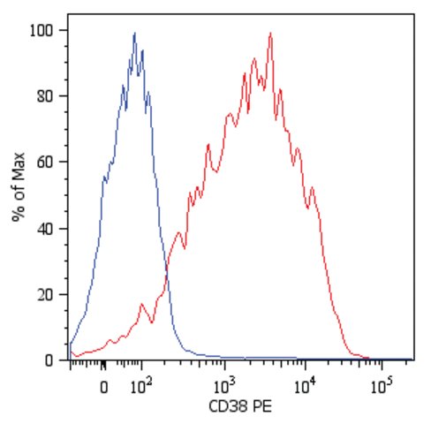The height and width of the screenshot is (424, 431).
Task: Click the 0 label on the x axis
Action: [x=103, y=388]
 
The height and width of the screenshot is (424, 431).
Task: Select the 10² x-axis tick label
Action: [x=141, y=386]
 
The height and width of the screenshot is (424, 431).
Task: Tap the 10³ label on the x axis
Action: [x=224, y=386]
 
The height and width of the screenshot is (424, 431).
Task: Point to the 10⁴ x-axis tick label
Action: [x=305, y=386]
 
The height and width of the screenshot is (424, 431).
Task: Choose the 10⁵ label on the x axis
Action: [x=382, y=386]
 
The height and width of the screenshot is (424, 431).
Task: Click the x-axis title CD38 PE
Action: [x=240, y=406]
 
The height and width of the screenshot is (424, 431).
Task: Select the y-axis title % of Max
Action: [x=19, y=186]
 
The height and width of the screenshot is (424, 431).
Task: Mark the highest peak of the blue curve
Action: [x=134, y=33]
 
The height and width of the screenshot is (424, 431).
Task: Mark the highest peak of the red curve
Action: [x=270, y=33]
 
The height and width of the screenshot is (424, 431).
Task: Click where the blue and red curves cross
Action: [x=167, y=271]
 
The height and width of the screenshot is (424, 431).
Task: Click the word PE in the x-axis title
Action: [x=262, y=406]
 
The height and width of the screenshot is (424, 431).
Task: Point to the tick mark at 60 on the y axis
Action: [x=64, y=162]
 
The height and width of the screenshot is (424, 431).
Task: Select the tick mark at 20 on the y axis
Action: [x=64, y=295]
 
